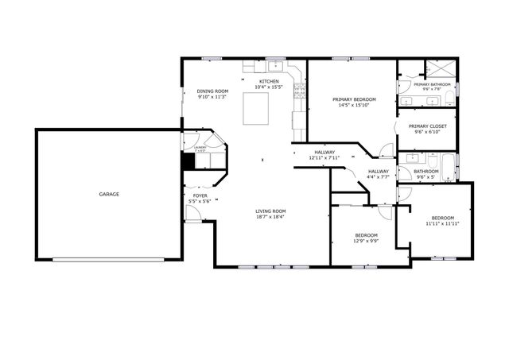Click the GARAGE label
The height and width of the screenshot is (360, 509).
pyautogui.click(x=109, y=194)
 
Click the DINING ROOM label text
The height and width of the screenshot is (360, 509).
pyautogui.click(x=212, y=91)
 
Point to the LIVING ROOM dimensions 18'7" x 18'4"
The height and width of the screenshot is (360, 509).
pyautogui.click(x=270, y=216)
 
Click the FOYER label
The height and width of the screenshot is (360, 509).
pyautogui.click(x=200, y=195)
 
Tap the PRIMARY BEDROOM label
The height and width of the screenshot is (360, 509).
pyautogui.click(x=354, y=99)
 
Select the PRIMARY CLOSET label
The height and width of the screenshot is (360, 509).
pyautogui.click(x=429, y=126)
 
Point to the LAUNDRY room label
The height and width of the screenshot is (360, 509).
pyautogui.click(x=200, y=147)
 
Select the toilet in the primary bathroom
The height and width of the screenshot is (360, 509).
pyautogui.click(x=449, y=97)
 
